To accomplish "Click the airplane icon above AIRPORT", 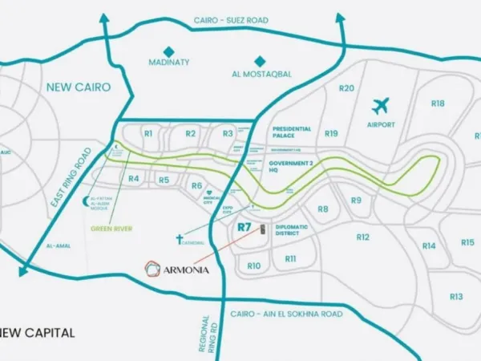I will coord(381,105).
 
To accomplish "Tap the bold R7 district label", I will coord(245,227).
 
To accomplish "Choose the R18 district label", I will coord(437,103).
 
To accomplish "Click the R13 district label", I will coord(456,296).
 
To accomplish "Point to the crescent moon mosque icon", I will coord(87,199).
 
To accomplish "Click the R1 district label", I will coord(148,133).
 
